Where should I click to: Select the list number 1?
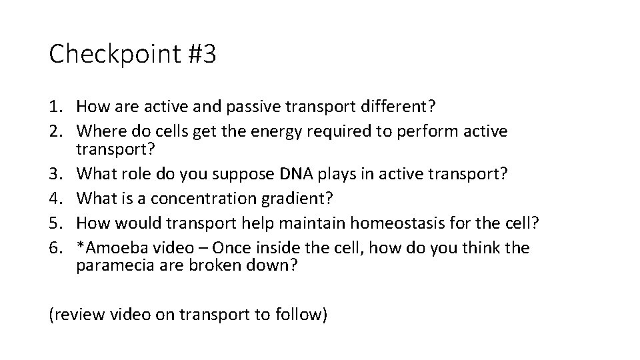(54, 106)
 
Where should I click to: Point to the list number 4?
(54, 198)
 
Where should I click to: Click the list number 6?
(54, 249)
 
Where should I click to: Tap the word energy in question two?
(277, 131)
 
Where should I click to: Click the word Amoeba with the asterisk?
(106, 249)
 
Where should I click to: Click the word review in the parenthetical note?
(76, 315)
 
